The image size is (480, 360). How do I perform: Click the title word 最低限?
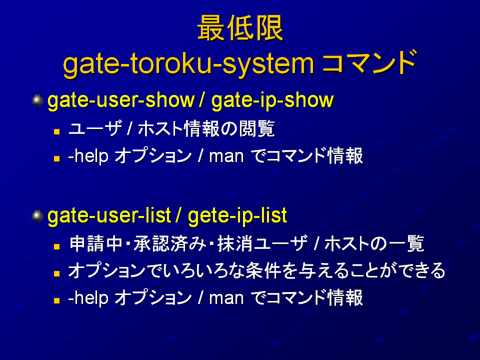240,28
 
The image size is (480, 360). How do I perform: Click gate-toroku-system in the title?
188,64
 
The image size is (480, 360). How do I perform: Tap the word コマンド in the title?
369,63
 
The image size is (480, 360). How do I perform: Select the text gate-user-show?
121,100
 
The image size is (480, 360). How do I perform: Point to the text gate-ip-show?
272,100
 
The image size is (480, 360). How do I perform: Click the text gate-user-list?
109,216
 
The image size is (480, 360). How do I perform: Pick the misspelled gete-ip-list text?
237,216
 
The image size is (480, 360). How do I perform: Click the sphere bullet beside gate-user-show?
37,100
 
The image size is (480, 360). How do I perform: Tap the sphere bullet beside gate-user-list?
37,216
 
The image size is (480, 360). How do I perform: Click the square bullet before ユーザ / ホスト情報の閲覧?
56,131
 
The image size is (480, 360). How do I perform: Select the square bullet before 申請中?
56,246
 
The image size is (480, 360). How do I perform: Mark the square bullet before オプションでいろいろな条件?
56,273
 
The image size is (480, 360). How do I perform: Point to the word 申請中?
96,244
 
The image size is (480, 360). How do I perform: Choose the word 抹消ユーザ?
262,244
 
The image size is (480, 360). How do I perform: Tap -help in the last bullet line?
88,298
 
